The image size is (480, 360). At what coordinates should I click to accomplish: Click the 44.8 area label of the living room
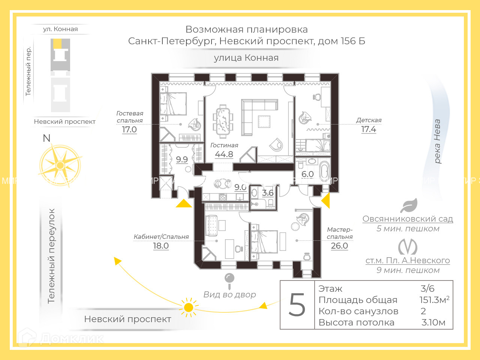click(x=224, y=154)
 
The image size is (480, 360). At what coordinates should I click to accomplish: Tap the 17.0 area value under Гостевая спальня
click(x=129, y=130)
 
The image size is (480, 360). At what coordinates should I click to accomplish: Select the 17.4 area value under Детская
click(x=369, y=129)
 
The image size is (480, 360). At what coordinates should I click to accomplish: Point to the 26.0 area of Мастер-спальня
click(x=339, y=246)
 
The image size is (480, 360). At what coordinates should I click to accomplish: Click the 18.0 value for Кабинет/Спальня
click(x=161, y=246)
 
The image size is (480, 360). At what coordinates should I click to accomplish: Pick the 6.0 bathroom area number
click(x=307, y=174)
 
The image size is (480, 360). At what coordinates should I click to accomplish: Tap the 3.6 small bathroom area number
click(x=268, y=193)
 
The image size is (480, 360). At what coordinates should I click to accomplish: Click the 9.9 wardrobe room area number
click(x=182, y=159)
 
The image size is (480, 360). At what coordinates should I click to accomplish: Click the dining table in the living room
click(x=223, y=121)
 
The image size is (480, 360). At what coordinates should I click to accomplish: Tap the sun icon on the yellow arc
click(x=189, y=307)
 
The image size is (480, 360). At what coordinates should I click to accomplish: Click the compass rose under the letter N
click(x=60, y=165)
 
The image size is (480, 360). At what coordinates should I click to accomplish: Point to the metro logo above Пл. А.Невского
click(x=408, y=246)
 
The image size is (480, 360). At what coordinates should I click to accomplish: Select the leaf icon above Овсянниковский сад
click(x=409, y=205)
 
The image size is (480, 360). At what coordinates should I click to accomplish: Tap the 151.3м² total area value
click(x=434, y=300)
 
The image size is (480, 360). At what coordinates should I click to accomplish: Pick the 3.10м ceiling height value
click(x=433, y=322)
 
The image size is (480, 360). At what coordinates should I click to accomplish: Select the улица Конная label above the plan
click(x=246, y=58)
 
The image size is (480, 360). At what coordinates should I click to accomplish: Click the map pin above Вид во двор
click(x=229, y=278)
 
